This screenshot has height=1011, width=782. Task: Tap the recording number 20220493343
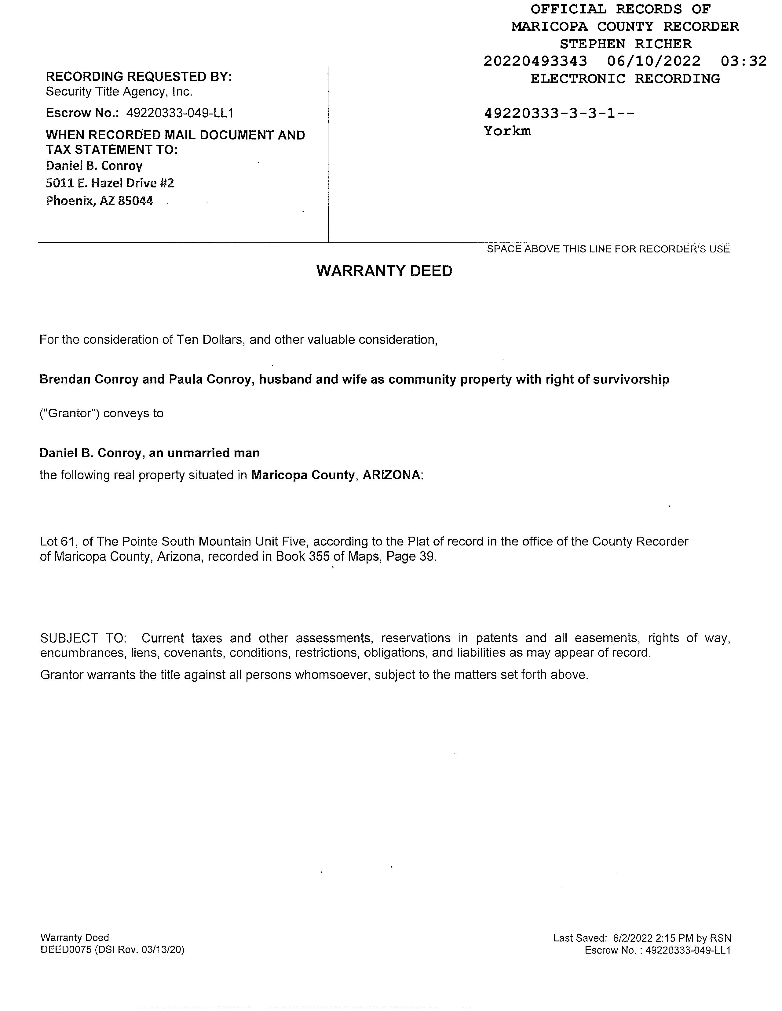click(535, 61)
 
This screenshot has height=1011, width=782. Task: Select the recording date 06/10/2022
click(654, 61)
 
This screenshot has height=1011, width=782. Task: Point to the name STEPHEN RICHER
click(625, 44)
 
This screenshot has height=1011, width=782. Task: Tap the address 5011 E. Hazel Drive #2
click(110, 183)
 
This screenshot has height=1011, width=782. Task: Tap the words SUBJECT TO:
click(83, 638)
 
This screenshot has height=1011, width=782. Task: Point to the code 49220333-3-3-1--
click(559, 114)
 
